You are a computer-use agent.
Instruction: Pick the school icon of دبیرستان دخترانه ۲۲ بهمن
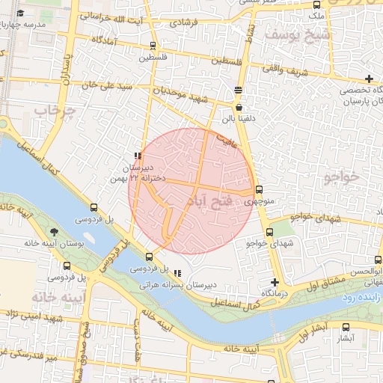[x=138, y=156]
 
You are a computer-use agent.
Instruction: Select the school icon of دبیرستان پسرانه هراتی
[x=177, y=273]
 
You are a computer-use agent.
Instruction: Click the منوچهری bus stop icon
[x=259, y=189]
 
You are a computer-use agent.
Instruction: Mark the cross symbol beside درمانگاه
[x=275, y=282]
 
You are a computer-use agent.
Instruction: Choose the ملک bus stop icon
[x=317, y=4]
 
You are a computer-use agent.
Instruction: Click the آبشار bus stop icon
[x=346, y=327]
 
